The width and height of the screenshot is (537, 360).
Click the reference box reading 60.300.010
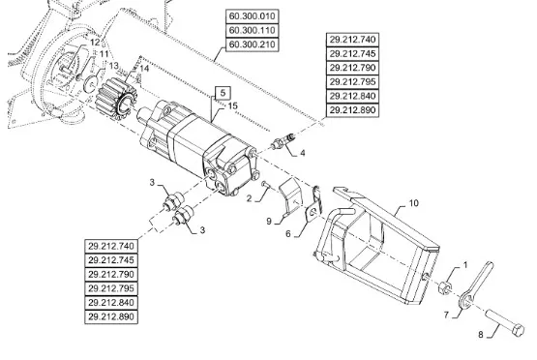point(253,16)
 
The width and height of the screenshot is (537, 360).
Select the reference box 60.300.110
point(253,31)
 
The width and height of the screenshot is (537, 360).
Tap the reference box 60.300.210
point(253,45)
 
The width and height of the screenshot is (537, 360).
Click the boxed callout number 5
point(223,93)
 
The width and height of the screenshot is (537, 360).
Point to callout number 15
point(232,105)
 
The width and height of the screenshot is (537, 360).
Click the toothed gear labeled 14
point(117,99)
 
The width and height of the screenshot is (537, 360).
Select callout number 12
point(95,43)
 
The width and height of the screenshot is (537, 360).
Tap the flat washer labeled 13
point(90,84)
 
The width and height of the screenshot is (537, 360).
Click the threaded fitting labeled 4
point(283,140)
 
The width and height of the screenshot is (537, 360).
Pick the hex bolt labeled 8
point(504,322)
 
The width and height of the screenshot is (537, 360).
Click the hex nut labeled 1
point(445,287)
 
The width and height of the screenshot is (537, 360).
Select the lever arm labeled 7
point(475,285)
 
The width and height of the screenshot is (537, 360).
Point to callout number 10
point(414,203)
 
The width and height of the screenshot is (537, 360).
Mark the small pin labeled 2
point(266,185)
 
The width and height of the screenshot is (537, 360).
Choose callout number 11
point(104,54)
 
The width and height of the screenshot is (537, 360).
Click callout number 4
point(303,153)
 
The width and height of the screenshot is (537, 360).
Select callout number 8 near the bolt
point(481,334)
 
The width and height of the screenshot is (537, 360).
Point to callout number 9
point(269,222)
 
